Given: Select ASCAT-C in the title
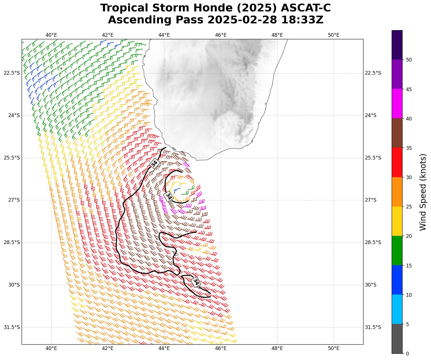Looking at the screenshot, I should tap(306, 8).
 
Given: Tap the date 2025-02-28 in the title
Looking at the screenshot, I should tap(242, 20).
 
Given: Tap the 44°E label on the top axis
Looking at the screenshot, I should tap(164, 35).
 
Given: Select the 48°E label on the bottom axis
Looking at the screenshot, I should tap(277, 348).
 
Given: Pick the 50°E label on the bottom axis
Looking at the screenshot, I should tap(333, 348).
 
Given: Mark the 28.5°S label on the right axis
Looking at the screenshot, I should tap(373, 242).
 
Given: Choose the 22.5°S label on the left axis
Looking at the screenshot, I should tap(12, 73).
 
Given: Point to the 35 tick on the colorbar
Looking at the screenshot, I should tap(408, 148).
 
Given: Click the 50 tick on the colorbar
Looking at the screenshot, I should tap(408, 60).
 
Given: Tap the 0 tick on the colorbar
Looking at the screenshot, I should tap(407, 353).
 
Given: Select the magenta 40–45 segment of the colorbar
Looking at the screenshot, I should tap(397, 104).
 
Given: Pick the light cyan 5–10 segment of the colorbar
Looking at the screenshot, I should tap(397, 309).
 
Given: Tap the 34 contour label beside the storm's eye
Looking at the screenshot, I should tap(169, 196).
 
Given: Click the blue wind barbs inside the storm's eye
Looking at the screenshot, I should tap(177, 189).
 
